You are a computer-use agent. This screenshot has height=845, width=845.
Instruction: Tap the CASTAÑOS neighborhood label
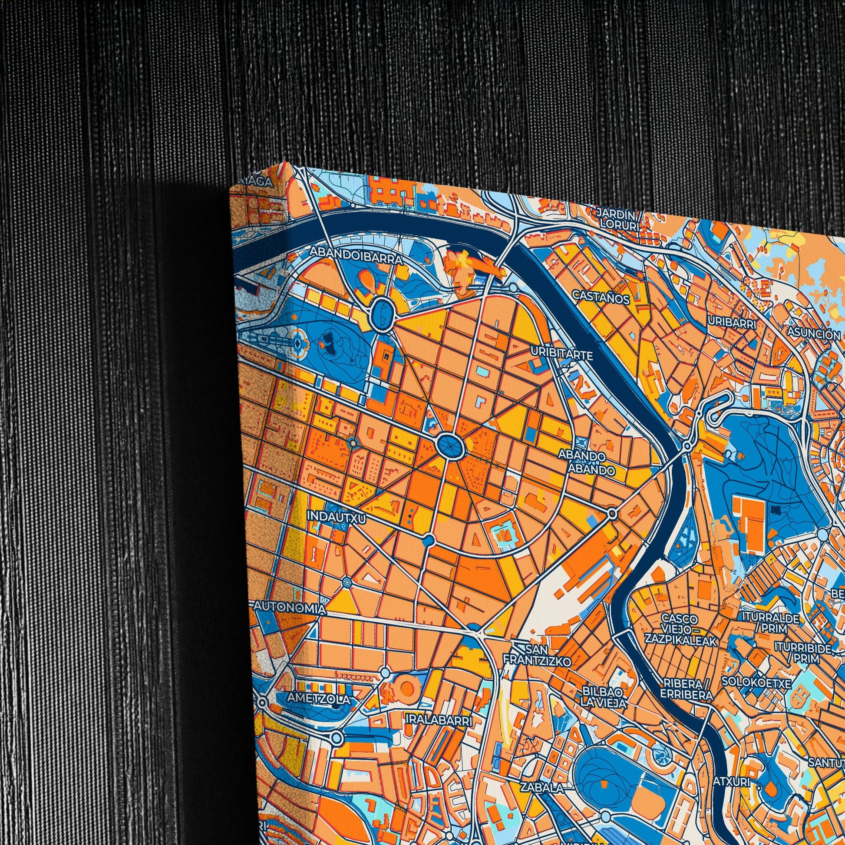coord(601,297)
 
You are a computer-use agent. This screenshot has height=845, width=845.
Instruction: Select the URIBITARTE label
coord(561,353)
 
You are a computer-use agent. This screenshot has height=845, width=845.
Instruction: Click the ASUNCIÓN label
coord(813,333)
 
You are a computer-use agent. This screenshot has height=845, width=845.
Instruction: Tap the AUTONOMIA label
coord(290,608)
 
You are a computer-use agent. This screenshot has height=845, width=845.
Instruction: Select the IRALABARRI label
coord(439,720)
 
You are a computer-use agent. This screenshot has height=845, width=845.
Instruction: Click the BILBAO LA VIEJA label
coord(604,698)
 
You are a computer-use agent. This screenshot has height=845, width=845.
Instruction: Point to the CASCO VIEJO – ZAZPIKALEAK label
coord(680,630)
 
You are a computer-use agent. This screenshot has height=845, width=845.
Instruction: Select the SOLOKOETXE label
coord(756,681)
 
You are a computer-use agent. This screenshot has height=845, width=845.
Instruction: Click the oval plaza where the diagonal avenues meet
coord(450,446)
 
